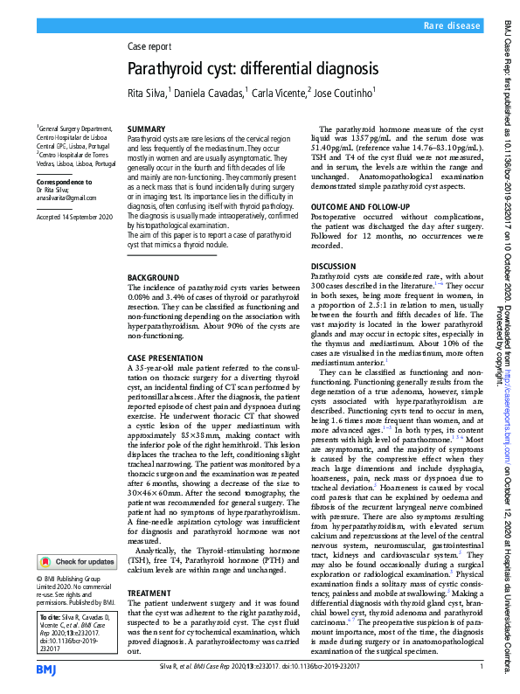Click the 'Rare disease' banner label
[x=452, y=27]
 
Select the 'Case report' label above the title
[x=149, y=47]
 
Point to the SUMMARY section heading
[x=146, y=128]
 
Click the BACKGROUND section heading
[x=153, y=277]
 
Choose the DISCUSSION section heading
[x=334, y=265]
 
